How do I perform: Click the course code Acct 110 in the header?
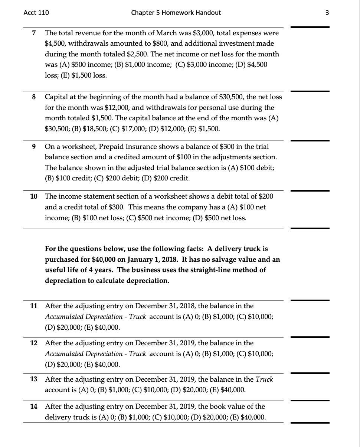[36, 13]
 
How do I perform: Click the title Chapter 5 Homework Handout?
[176, 13]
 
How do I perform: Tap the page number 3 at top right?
[327, 13]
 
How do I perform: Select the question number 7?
[34, 33]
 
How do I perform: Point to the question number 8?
[34, 97]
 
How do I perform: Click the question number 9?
[34, 147]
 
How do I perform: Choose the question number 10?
[33, 196]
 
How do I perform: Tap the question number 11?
[33, 306]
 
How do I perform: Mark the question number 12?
[33, 343]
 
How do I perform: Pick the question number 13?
[33, 379]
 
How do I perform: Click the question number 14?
[33, 407]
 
